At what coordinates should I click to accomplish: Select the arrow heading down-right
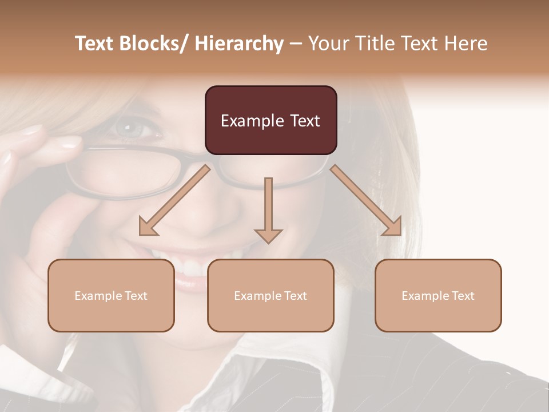coord(366,200)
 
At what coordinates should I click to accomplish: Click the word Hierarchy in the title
coord(239,43)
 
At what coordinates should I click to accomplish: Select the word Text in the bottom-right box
coord(463,296)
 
